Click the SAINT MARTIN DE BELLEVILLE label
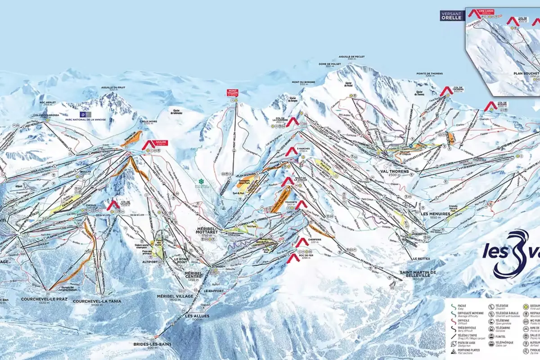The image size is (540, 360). [418, 274]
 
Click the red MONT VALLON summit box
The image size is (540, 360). [232, 93]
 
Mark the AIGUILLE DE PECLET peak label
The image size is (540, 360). [352, 57]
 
